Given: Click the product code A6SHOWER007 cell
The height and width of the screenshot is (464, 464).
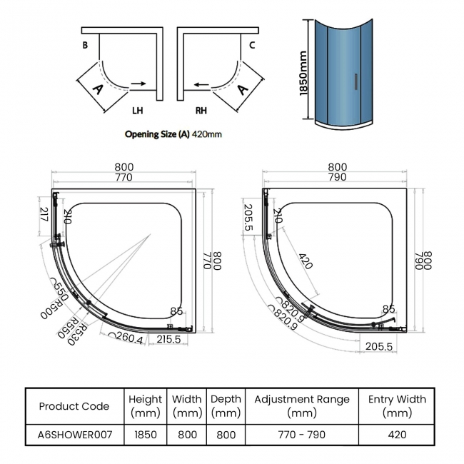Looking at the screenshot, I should (x=74, y=434).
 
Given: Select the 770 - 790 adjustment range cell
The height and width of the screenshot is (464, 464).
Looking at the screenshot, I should (x=301, y=434).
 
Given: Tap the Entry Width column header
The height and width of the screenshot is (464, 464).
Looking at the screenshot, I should (x=397, y=406).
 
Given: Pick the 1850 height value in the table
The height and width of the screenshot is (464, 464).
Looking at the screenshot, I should (x=146, y=434).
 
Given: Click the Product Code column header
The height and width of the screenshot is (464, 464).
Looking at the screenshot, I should (x=74, y=406).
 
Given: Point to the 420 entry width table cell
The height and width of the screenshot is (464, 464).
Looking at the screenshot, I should (x=397, y=434).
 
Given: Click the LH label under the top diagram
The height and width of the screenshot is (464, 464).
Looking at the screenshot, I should (x=138, y=111).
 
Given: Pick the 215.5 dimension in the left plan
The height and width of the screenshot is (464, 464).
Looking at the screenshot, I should (x=168, y=341).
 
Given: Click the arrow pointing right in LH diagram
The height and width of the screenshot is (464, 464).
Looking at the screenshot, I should (x=139, y=84).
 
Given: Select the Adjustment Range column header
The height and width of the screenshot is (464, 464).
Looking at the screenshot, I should (x=301, y=406).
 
